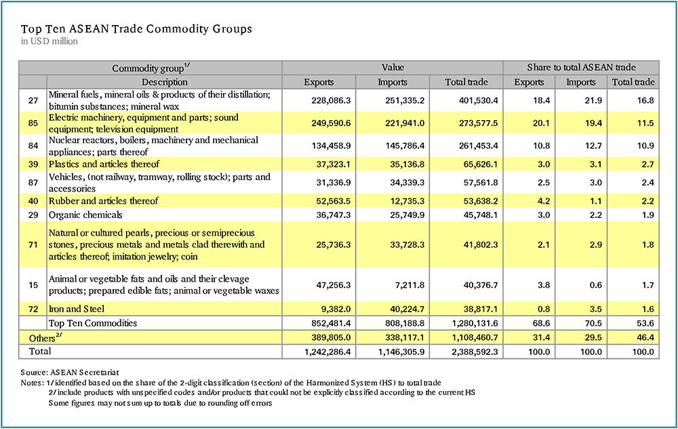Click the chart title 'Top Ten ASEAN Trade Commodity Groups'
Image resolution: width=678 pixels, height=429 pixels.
click(x=136, y=29)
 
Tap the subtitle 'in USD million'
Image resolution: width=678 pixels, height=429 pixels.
click(x=49, y=41)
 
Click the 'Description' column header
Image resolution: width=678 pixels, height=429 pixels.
click(x=165, y=82)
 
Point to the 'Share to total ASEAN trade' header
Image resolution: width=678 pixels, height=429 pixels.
click(x=581, y=67)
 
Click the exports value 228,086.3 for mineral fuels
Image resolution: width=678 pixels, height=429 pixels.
click(x=331, y=100)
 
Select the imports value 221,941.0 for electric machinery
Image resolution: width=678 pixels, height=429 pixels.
click(x=405, y=124)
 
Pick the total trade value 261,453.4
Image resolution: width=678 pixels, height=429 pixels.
click(x=478, y=146)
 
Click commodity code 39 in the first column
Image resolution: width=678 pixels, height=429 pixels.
click(x=33, y=164)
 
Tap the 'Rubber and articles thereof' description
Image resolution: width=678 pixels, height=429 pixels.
click(x=103, y=201)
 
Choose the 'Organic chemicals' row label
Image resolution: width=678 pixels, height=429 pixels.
click(x=85, y=215)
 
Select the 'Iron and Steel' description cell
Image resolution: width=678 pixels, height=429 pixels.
click(x=77, y=309)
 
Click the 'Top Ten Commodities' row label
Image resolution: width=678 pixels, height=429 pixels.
click(x=92, y=323)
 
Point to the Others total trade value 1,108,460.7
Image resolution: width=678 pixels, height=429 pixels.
click(x=475, y=337)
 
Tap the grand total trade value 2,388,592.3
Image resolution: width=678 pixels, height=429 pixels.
click(x=475, y=352)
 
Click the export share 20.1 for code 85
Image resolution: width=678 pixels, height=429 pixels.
click(x=541, y=124)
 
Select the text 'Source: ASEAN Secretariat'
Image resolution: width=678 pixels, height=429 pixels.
click(x=70, y=372)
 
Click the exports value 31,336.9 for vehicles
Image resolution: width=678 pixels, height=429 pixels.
click(x=334, y=183)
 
